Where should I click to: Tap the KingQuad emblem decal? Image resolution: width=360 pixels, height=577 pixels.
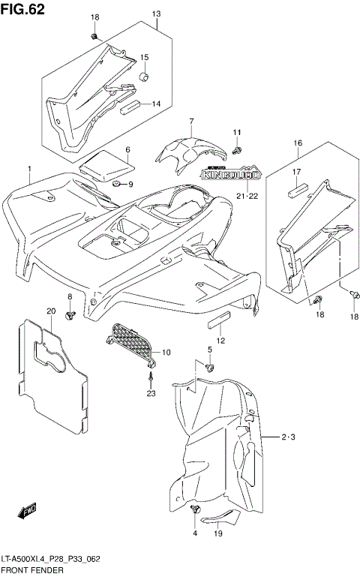coord(231,175)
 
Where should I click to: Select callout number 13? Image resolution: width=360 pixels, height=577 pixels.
coord(157,14)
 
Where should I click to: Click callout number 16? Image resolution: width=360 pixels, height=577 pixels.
coord(298,143)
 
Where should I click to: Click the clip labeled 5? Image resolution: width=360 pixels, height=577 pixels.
coord(210,367)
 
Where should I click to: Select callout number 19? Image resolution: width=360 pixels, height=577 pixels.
coord(217,534)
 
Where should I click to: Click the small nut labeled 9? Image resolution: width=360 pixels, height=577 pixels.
coord(117,184)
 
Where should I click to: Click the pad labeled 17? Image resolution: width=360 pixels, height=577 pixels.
coord(295,190)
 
